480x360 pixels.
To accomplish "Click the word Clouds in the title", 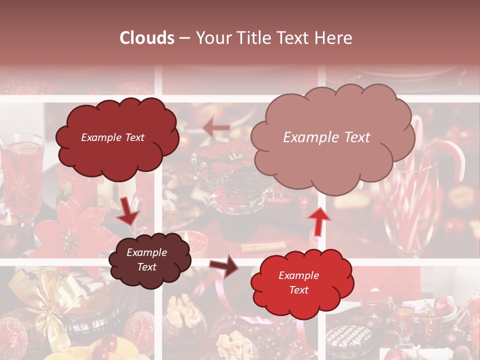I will tap(147, 38).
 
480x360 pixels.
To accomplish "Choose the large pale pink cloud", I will tap(332, 137).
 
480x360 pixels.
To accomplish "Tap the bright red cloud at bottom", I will tap(301, 282).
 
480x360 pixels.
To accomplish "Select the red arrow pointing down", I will tap(128, 211).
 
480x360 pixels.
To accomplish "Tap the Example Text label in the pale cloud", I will tap(326, 137).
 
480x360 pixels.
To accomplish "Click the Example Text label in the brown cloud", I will tap(147, 259).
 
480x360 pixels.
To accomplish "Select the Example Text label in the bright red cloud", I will tap(298, 282).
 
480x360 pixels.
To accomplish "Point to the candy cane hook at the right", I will tap(448, 155).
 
